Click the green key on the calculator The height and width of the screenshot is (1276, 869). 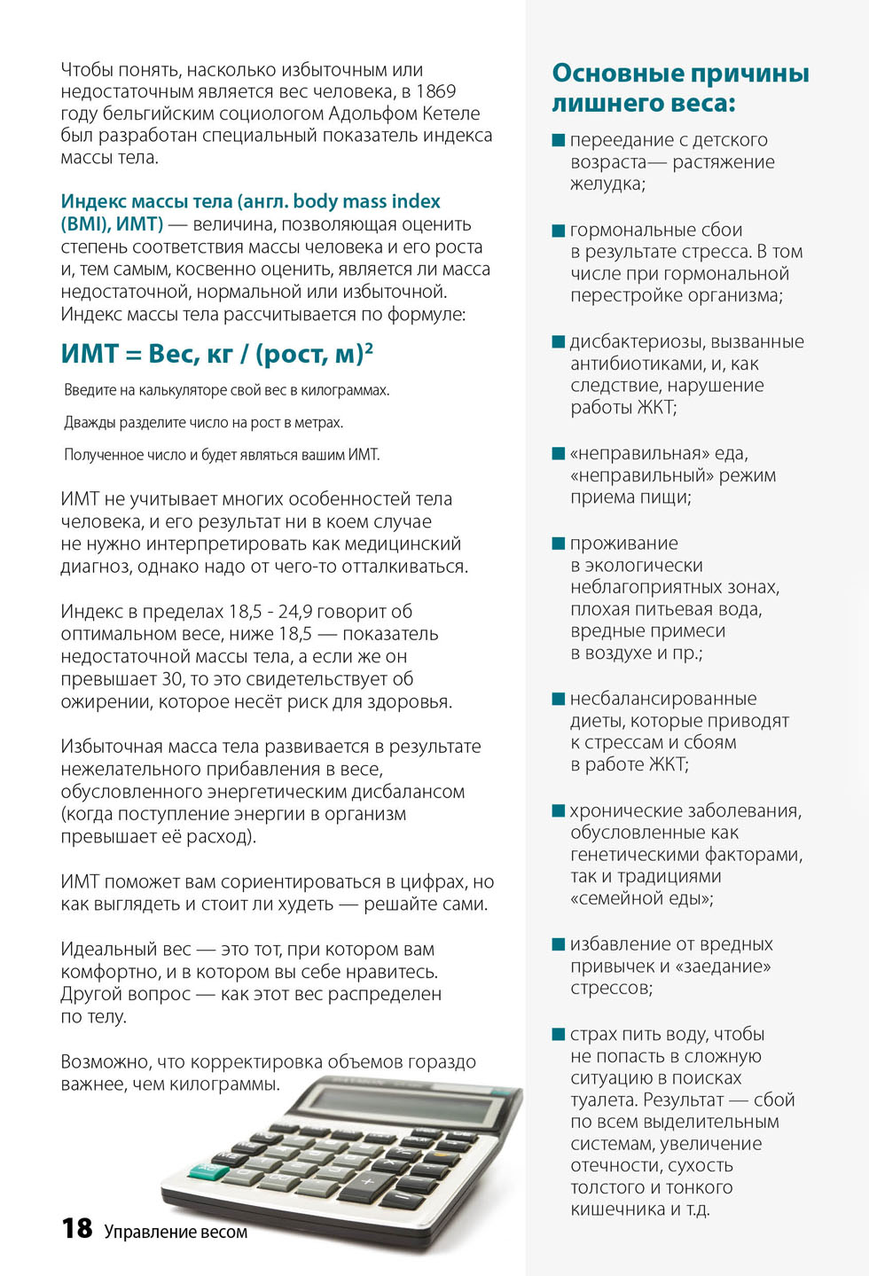coord(209,1170)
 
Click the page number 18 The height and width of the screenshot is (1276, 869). coord(77,1228)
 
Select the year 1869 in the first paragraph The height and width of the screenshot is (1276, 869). coord(435,91)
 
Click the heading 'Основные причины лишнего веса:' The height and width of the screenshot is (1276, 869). coord(680,88)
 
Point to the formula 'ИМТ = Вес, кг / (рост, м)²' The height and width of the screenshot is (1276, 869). coord(216,354)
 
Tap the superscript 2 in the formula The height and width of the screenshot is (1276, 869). coord(369,348)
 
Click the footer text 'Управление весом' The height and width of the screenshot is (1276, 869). coord(176,1232)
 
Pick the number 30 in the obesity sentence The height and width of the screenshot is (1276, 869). coord(173,679)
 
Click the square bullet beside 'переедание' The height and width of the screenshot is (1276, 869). coord(559,140)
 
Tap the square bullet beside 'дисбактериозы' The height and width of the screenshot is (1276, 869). coord(559,341)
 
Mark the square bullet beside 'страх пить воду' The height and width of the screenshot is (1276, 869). coord(559,1034)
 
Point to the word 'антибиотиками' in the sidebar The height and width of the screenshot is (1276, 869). coord(632,364)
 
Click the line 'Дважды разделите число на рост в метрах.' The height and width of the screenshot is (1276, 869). coord(203,423)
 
